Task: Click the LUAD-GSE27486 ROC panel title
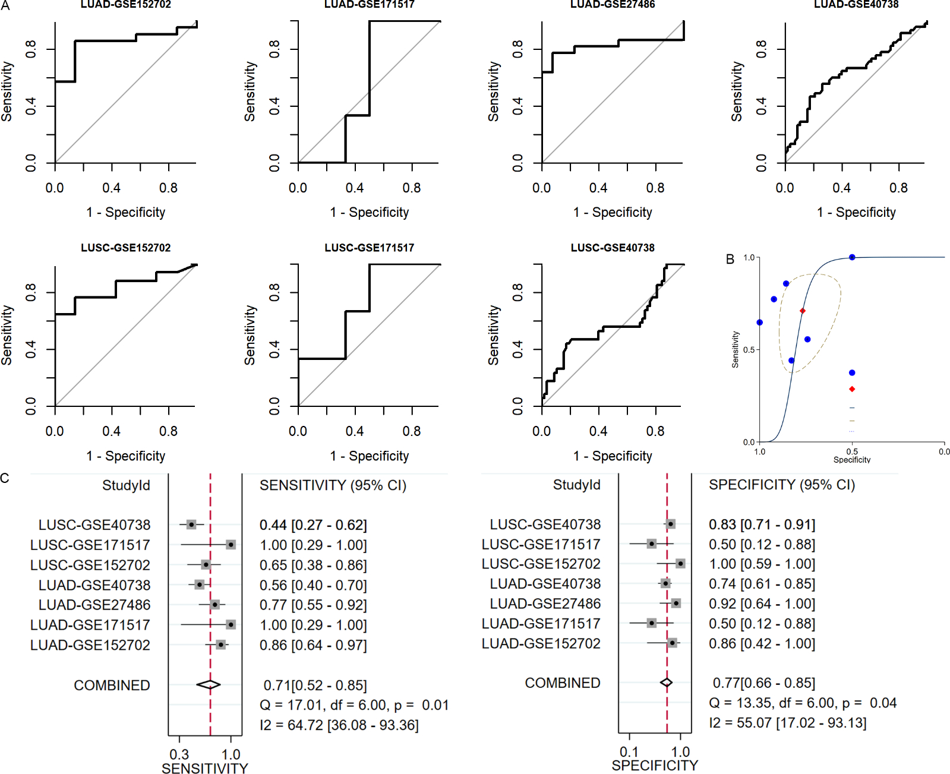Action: click(x=613, y=4)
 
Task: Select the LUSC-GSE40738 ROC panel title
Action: click(x=613, y=248)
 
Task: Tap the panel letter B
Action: click(x=730, y=259)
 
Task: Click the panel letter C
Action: click(x=5, y=478)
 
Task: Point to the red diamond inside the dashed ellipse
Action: click(x=803, y=311)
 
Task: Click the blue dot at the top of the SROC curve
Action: click(x=852, y=257)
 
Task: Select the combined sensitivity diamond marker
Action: click(x=209, y=685)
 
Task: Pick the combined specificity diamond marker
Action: click(x=667, y=683)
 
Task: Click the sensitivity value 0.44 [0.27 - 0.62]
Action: click(x=313, y=525)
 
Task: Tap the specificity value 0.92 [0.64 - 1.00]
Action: click(x=762, y=604)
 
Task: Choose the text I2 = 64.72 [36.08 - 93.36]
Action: click(x=339, y=725)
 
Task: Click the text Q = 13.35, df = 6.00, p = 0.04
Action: click(x=803, y=703)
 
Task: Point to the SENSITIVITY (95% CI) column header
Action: click(x=333, y=485)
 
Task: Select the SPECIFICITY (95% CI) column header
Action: click(x=782, y=485)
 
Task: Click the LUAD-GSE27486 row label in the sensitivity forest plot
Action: click(x=94, y=605)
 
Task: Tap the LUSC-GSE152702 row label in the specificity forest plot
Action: click(x=541, y=564)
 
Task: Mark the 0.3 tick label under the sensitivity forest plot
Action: click(x=179, y=754)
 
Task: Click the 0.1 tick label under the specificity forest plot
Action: click(x=629, y=752)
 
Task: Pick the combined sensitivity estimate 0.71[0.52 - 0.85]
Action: click(x=315, y=685)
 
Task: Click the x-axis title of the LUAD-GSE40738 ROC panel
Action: click(x=856, y=212)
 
